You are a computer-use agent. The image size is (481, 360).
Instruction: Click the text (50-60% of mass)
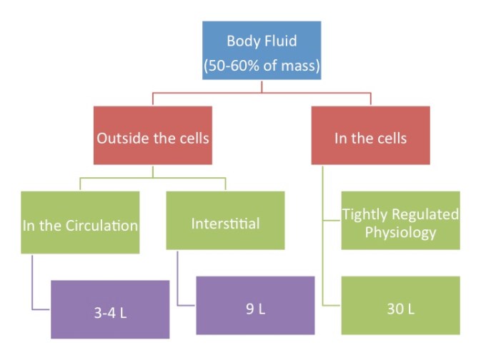pos(262,66)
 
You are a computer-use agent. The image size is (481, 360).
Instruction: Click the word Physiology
pos(400,232)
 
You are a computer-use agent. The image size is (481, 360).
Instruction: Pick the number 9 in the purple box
pos(250,309)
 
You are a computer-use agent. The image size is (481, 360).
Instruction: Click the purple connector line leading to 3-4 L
pos(33,282)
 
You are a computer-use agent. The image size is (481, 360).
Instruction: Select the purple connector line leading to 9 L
pos(178,278)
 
